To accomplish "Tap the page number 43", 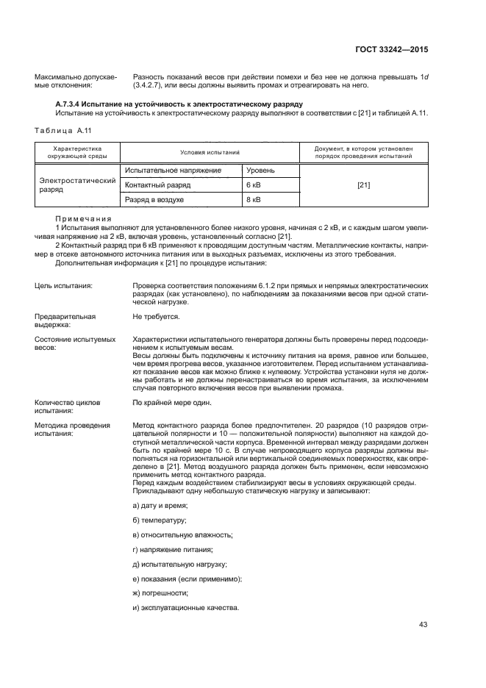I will (423, 625).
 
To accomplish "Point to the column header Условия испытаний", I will (210, 151).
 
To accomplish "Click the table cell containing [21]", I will (363, 184).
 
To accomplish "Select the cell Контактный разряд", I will (157, 184).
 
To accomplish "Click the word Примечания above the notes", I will (83, 219).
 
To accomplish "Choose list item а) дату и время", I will (160, 506).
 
